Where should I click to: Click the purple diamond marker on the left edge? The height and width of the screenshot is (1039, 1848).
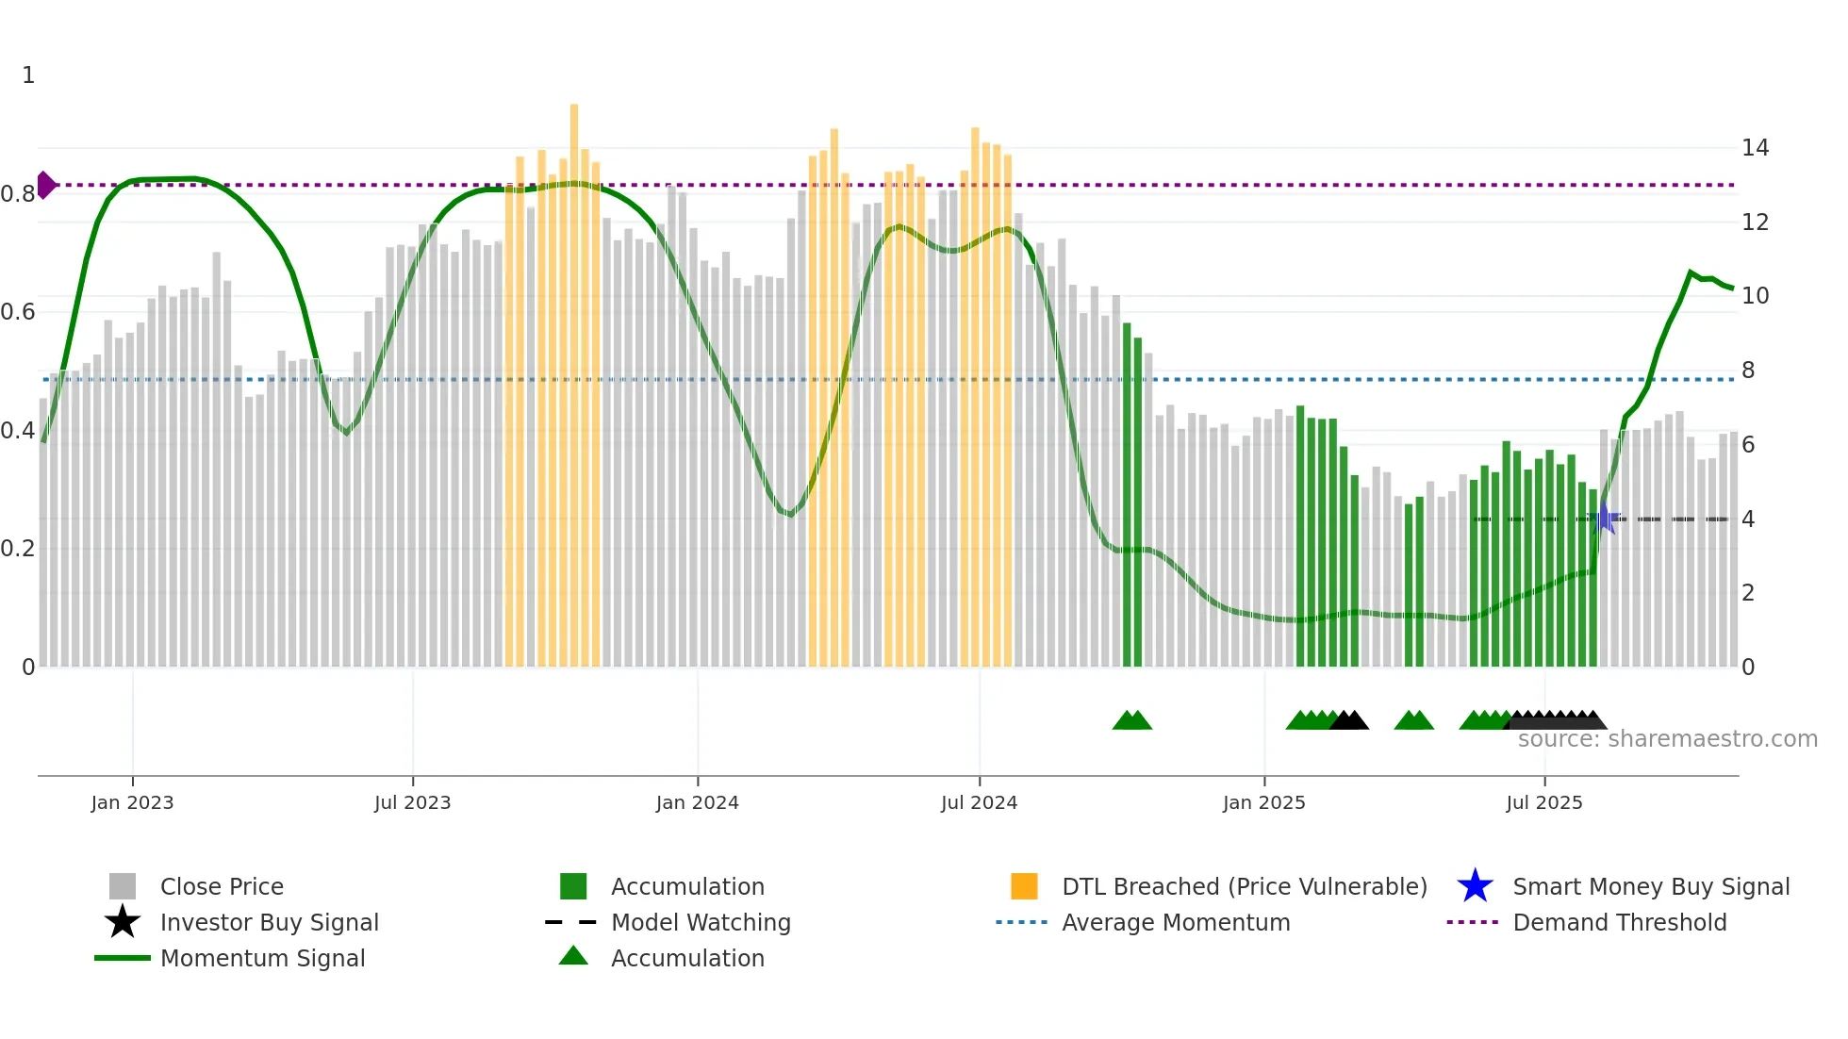click(45, 185)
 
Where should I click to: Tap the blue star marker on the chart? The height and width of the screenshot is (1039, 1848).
click(1604, 519)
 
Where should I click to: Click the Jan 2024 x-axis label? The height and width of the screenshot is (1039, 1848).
click(697, 802)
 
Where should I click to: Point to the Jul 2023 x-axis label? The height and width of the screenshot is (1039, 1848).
click(412, 802)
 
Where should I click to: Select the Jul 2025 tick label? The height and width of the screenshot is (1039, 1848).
click(1543, 802)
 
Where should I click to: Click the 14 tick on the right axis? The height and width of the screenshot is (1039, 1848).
click(1755, 148)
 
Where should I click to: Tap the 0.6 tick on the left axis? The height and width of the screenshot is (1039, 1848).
click(18, 312)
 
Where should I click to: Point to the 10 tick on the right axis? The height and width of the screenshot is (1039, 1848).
click(1755, 296)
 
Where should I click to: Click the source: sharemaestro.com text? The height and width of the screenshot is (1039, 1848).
click(1667, 739)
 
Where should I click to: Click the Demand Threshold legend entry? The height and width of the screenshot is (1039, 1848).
click(1619, 922)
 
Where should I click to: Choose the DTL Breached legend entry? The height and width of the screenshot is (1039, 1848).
click(1244, 886)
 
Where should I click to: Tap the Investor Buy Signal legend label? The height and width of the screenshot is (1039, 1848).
click(269, 922)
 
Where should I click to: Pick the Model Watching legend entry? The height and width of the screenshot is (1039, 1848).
click(700, 922)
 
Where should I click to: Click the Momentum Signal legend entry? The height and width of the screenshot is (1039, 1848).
click(262, 958)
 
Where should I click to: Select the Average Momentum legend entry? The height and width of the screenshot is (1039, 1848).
click(1175, 922)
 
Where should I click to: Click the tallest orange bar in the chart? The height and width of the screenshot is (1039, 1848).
click(574, 377)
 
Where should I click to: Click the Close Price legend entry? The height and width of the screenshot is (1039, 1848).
click(221, 886)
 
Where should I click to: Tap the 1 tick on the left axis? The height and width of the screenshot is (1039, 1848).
click(28, 75)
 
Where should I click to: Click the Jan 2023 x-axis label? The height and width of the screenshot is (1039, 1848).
click(132, 802)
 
